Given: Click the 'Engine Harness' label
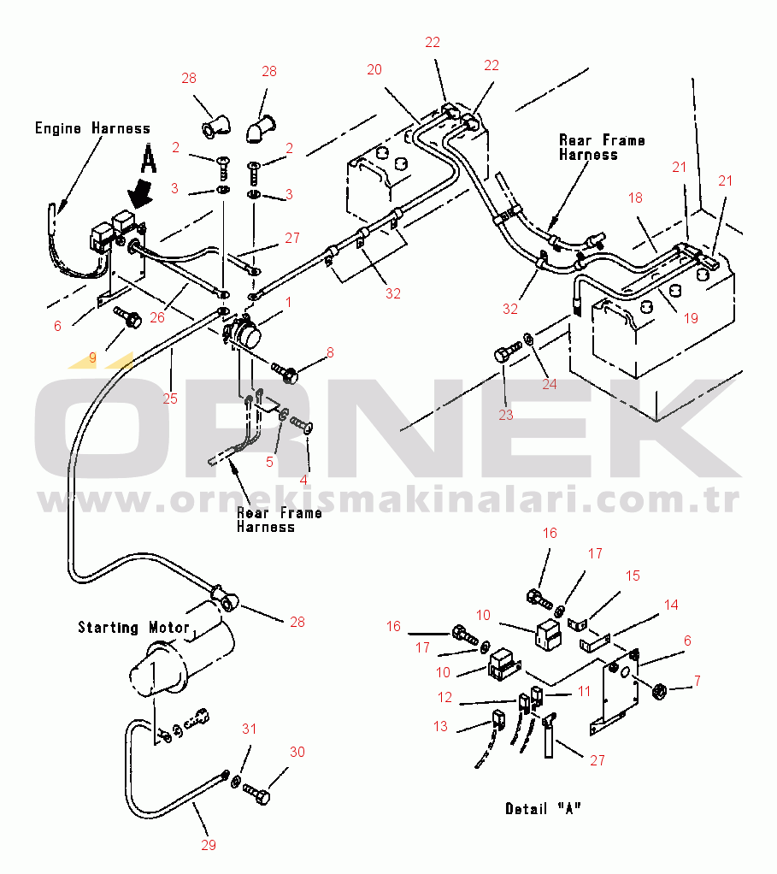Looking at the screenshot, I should (x=92, y=128).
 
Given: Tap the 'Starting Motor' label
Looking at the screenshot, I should (x=133, y=628).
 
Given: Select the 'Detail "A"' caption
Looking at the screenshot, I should (x=543, y=808).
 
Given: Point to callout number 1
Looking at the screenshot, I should (x=289, y=302).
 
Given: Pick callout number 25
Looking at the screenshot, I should (x=170, y=399).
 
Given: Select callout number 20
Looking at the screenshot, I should (x=374, y=70).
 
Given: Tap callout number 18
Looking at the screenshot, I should (x=635, y=198).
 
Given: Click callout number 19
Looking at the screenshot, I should (x=691, y=318).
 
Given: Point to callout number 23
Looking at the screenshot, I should (x=506, y=415).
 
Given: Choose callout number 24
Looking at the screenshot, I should (x=550, y=384).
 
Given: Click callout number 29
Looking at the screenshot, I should (x=209, y=846).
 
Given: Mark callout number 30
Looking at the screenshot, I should (x=297, y=753).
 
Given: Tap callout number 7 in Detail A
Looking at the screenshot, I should (x=697, y=681).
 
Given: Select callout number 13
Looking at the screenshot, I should (x=440, y=727).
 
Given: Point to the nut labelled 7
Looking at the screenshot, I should (x=660, y=689).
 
